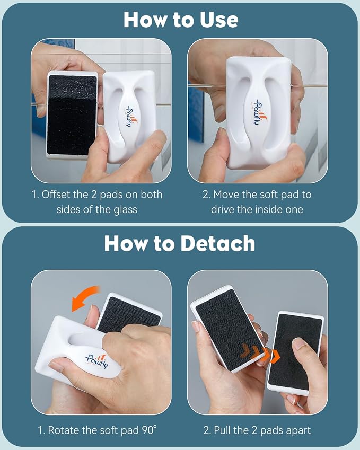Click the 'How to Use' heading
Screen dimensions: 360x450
pos(181,20)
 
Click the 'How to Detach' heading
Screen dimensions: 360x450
pos(180,243)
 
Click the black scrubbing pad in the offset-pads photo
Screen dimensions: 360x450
pos(72,115)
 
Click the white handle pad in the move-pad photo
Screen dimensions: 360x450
pos(258,112)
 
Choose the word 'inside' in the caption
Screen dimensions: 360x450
pos(269,209)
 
